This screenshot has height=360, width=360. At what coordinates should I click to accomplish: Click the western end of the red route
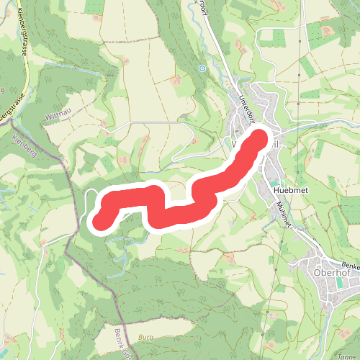[x=100, y=219]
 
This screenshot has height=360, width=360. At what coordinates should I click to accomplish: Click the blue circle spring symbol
[x=202, y=68]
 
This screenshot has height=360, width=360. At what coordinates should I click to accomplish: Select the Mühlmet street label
[x=283, y=214]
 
